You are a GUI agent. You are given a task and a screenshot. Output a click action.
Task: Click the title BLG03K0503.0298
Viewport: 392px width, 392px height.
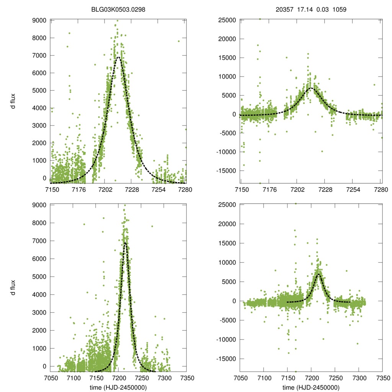[118, 10]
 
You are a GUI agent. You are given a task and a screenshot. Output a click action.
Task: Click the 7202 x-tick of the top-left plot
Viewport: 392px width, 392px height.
[105, 189]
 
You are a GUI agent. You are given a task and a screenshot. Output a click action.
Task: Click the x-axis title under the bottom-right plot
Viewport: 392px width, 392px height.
[311, 387]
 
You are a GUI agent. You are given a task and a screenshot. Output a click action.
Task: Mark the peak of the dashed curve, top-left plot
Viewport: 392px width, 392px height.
[119, 57]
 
